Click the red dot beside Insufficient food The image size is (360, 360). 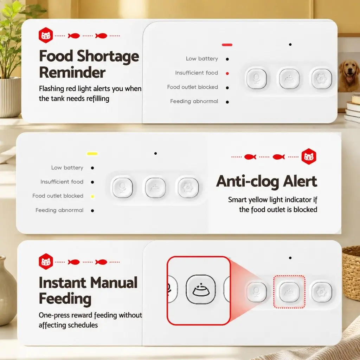pyautogui.click(x=227, y=73)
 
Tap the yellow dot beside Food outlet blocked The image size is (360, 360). pyautogui.click(x=92, y=196)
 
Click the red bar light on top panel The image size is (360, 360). pyautogui.click(x=227, y=45)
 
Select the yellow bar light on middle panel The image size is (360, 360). pyautogui.click(x=92, y=154)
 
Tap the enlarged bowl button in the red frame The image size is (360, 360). pyautogui.click(x=201, y=289)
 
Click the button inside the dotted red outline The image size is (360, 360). pyautogui.click(x=289, y=292)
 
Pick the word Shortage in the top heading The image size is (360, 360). pyautogui.click(x=108, y=56)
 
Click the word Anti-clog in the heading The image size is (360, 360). pyautogui.click(x=247, y=181)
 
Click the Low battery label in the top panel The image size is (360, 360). pyautogui.click(x=202, y=59)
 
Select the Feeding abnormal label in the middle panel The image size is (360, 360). pyautogui.click(x=59, y=210)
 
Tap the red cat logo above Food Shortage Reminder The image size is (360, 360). pyautogui.click(x=46, y=35)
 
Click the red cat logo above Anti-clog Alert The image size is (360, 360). pyautogui.click(x=309, y=156)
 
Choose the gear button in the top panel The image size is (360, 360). pyautogui.click(x=322, y=78)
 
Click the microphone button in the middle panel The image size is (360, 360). pyautogui.click(x=122, y=188)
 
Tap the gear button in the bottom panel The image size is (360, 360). pyautogui.click(x=322, y=292)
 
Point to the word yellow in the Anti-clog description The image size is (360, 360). pyautogui.click(x=258, y=200)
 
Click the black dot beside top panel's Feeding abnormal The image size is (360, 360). pyautogui.click(x=227, y=102)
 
